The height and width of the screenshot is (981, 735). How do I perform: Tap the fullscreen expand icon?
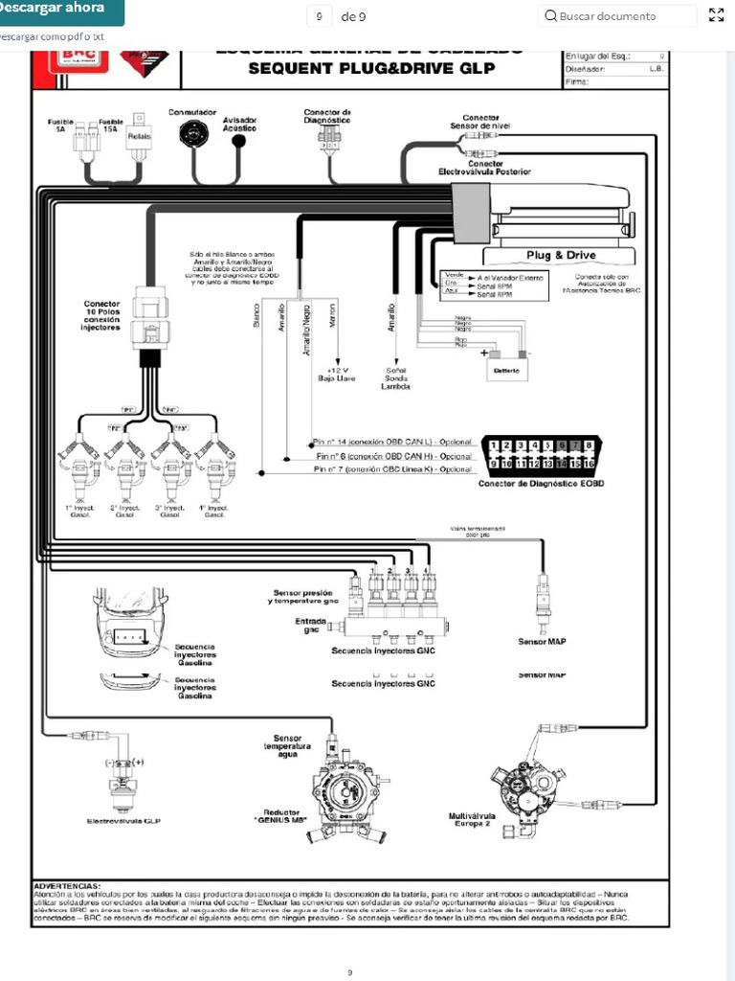[716, 15]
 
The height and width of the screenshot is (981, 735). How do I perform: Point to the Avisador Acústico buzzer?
[239, 140]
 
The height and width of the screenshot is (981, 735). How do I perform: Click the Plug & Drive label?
[561, 256]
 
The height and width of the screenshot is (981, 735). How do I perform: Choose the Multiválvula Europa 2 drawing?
[522, 781]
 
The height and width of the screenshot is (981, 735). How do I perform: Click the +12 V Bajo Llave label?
[337, 374]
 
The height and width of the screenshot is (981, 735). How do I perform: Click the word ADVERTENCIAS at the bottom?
[66, 886]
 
